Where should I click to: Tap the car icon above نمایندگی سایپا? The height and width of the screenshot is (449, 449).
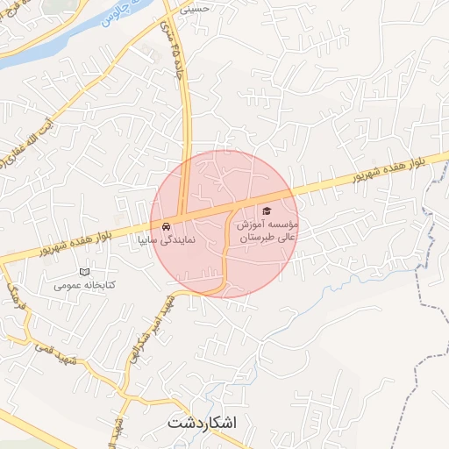coord(179,224)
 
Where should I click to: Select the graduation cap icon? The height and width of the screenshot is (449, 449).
coord(266,211)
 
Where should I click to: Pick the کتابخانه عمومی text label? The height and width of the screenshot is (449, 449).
coord(85,285)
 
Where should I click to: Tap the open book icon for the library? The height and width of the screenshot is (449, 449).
coord(85,272)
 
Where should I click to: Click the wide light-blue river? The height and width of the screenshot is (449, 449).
coord(53,45)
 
